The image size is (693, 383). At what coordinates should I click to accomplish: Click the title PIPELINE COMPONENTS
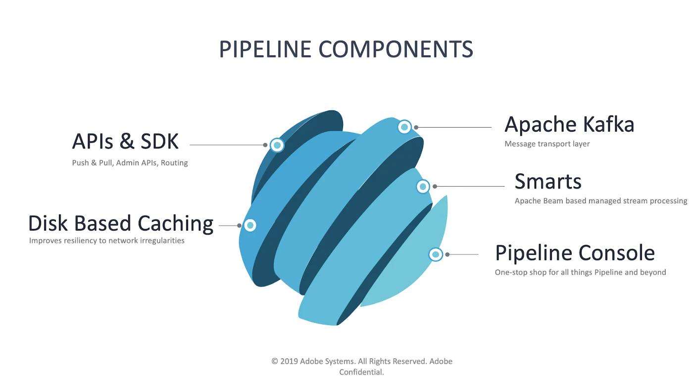tap(346, 49)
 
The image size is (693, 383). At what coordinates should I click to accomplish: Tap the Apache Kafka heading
tap(569, 124)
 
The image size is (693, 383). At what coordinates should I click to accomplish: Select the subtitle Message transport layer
tap(547, 144)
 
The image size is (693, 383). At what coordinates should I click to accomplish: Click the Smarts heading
tap(548, 182)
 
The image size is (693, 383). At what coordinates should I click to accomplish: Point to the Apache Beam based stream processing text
tap(600, 201)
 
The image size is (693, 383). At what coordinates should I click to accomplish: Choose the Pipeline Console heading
tap(575, 253)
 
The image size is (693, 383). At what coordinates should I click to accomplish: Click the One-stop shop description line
tap(580, 272)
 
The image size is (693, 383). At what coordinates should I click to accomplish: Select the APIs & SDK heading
tap(125, 142)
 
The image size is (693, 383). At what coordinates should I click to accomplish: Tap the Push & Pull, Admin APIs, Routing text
tap(130, 163)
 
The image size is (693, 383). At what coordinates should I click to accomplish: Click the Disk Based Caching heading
tap(121, 224)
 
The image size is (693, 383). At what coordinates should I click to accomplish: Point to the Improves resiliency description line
tap(106, 241)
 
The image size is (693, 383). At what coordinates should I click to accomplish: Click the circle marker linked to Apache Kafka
tap(404, 127)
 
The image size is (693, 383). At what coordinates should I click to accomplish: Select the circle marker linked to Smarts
tap(423, 187)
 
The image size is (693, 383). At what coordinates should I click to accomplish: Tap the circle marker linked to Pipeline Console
tap(435, 254)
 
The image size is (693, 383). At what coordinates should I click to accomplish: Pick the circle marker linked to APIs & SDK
tap(277, 145)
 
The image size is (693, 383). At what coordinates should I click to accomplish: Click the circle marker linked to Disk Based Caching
tap(250, 226)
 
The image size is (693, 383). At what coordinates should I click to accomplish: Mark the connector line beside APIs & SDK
tap(228, 145)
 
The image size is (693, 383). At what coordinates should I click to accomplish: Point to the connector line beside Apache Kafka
tap(454, 127)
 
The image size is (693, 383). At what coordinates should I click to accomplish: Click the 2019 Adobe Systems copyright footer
tap(362, 361)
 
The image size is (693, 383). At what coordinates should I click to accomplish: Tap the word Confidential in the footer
tap(362, 372)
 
